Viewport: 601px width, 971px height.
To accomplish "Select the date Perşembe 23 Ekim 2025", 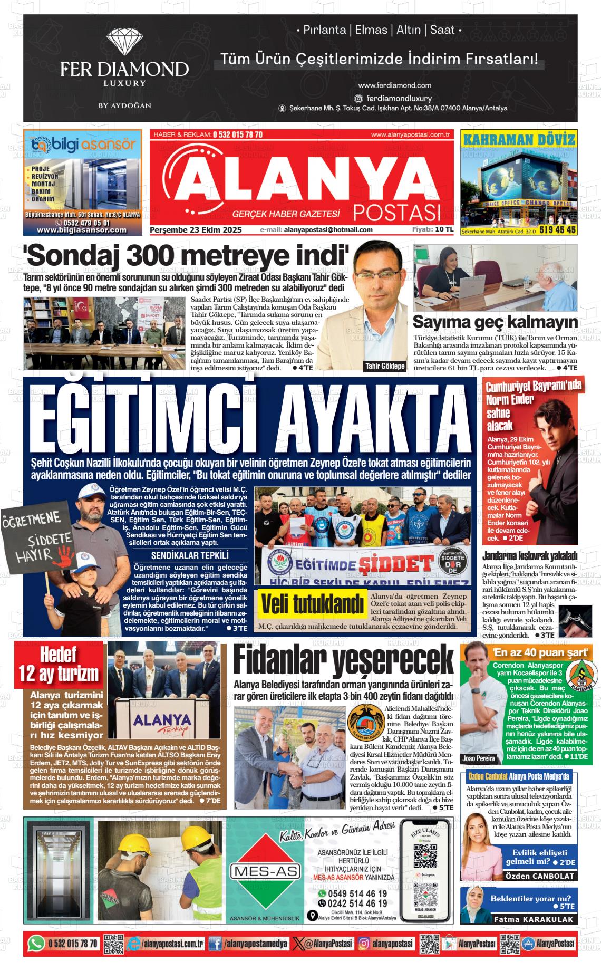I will [196, 230].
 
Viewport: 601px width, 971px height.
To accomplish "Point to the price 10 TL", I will [444, 229].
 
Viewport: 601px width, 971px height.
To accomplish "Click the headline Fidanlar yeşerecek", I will [343, 660].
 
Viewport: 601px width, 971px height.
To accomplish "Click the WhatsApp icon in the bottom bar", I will [36, 943].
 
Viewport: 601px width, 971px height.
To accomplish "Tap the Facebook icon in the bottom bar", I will [215, 943].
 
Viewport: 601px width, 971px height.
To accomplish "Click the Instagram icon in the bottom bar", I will [364, 943].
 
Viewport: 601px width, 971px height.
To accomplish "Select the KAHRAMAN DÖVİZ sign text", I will [519, 140].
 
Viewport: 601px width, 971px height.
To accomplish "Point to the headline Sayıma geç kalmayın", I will [495, 322].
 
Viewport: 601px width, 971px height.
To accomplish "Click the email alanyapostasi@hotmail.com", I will [328, 230].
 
